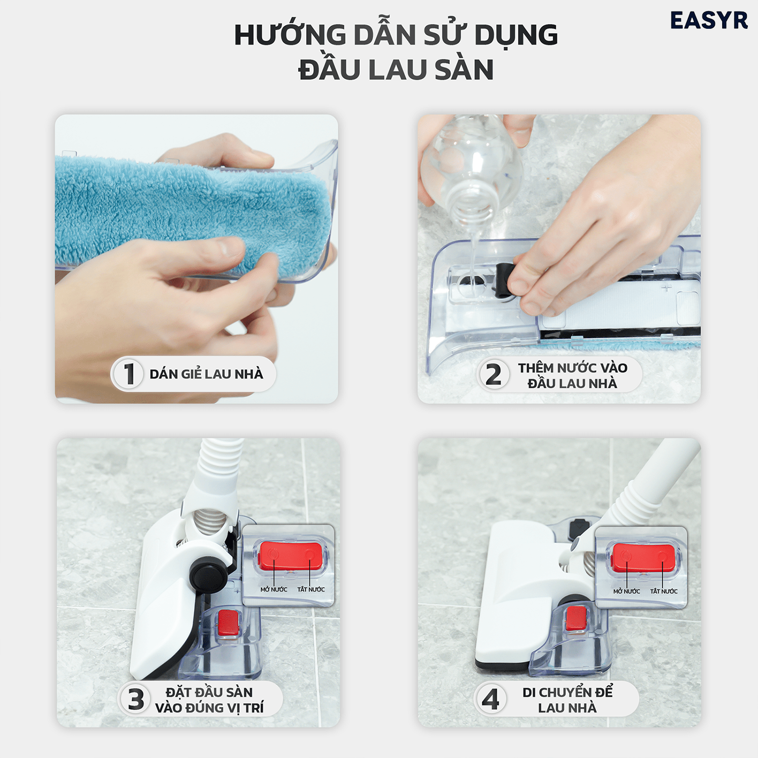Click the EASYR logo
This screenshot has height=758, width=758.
tap(708, 21)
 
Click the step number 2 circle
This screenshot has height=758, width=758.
tap(493, 374)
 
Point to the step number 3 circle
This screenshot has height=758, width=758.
tap(136, 699)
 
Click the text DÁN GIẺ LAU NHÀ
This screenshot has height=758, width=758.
tap(206, 374)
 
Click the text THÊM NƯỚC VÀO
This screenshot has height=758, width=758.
tap(573, 368)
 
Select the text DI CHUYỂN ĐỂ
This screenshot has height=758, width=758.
tap(567, 692)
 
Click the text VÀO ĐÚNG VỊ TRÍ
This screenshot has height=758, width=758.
tap(209, 708)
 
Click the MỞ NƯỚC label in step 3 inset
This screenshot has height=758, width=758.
tap(273, 590)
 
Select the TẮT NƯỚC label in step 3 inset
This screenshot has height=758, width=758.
tap(311, 590)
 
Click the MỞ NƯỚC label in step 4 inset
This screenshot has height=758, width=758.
tap(627, 591)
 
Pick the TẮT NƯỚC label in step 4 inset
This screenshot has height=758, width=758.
tap(664, 591)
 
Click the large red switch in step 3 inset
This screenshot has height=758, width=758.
tap(290, 556)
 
